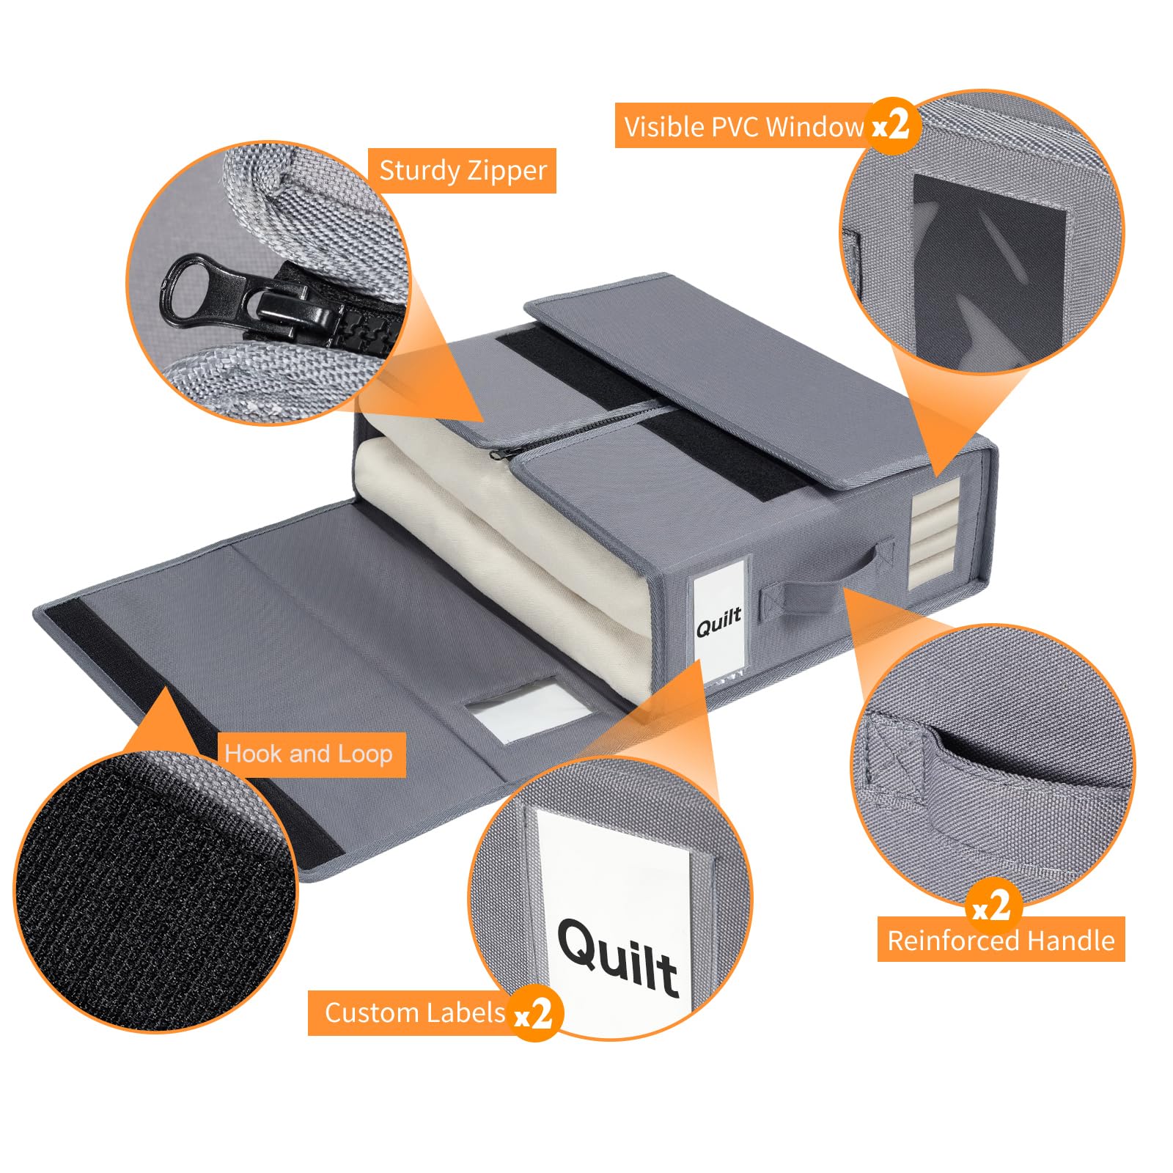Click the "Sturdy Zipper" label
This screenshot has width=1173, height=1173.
tap(463, 171)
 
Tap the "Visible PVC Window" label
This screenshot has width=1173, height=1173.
tap(743, 127)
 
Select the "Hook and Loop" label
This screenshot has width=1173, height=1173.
tap(309, 754)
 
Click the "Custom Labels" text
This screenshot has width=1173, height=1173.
tap(415, 1012)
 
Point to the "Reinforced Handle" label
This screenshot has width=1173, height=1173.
tap(1001, 940)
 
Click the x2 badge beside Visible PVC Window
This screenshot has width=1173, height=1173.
tap(891, 125)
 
